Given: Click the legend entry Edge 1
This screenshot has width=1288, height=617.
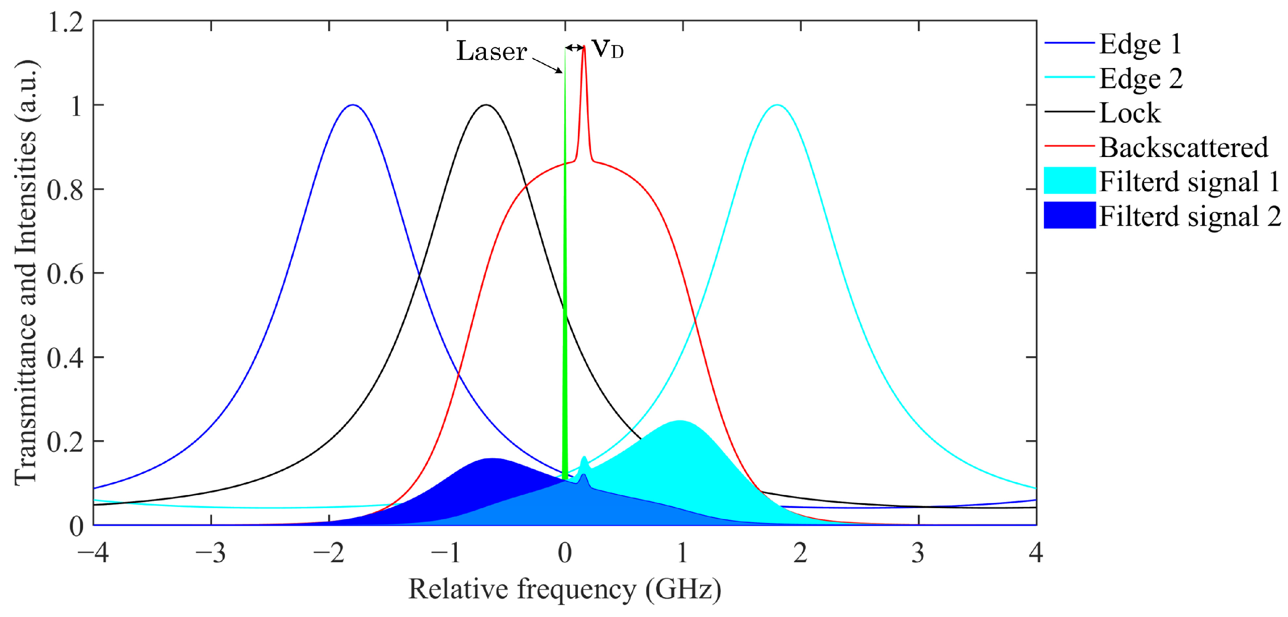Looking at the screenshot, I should [x=1140, y=44].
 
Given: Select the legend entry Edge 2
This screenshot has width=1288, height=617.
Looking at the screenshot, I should [x=1141, y=78].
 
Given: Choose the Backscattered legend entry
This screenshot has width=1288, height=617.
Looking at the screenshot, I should [x=1183, y=148].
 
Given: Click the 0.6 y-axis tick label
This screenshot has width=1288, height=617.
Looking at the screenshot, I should [x=65, y=274].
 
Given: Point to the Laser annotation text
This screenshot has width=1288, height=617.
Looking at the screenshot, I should [x=491, y=51].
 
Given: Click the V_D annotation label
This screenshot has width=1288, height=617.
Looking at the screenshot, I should [x=607, y=49].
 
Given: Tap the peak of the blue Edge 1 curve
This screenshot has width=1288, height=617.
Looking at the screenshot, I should [x=353, y=105].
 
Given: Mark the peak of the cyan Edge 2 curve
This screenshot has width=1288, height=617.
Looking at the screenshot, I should [x=776, y=105].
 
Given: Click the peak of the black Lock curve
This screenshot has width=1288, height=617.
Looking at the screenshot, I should [x=486, y=105].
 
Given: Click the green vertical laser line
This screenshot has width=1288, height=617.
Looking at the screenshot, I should [x=565, y=300].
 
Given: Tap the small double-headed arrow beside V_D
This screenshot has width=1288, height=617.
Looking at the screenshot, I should [x=575, y=48].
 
